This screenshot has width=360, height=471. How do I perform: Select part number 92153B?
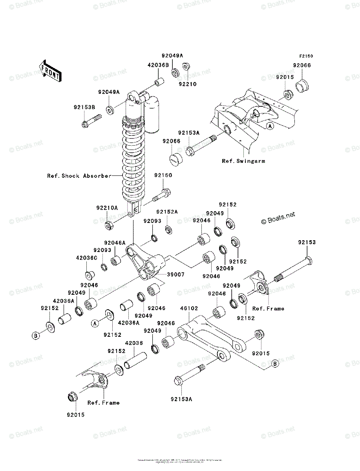[84, 107]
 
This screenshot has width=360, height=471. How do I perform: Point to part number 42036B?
[158, 65]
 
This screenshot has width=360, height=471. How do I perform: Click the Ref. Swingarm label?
[243, 161]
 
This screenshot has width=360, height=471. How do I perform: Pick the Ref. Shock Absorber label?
[79, 176]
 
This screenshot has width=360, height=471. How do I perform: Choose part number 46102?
[190, 309]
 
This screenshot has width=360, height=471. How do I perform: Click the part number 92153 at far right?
[306, 243]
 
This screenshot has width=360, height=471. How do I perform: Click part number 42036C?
[86, 258]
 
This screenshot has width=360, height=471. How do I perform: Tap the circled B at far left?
[36, 336]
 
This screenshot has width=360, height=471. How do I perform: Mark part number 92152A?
[167, 212]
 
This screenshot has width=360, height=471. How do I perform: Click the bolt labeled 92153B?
[91, 120]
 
